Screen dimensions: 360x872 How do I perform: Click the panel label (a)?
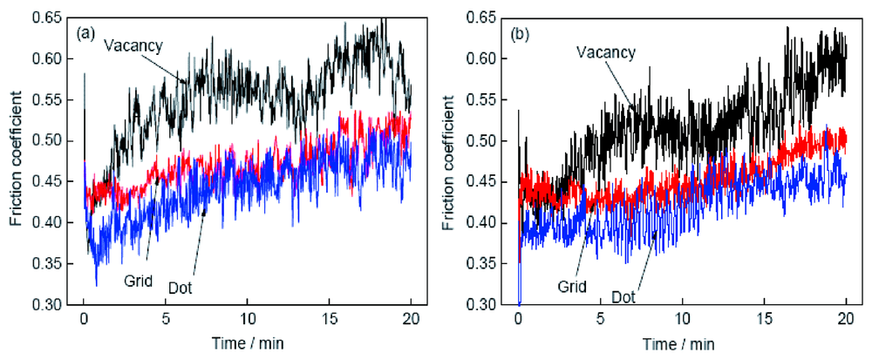(x=85, y=34)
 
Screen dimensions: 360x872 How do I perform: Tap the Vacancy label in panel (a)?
(x=134, y=44)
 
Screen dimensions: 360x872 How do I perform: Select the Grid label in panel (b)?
(x=570, y=284)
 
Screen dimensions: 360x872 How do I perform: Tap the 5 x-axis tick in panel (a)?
(x=165, y=319)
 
